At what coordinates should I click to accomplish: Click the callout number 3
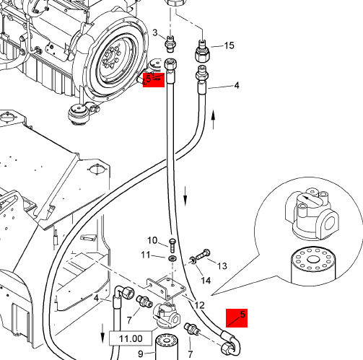(155, 32)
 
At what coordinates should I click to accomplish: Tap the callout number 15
(229, 45)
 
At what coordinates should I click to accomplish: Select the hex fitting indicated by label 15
(202, 52)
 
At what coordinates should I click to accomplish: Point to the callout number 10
(152, 240)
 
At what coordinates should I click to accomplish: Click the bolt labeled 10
(172, 245)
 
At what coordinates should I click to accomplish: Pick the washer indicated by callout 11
(172, 259)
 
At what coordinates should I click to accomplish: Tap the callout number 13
(222, 265)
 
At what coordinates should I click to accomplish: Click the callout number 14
(206, 280)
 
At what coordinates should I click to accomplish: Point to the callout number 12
(199, 305)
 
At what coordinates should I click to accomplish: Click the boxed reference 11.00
(131, 338)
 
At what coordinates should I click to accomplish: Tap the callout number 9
(141, 354)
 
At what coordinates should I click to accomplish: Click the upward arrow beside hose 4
(213, 120)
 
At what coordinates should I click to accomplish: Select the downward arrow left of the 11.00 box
(102, 333)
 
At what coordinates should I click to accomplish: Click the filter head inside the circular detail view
(312, 215)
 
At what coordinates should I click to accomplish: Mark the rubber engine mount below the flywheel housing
(77, 114)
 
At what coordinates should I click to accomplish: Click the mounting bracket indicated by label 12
(167, 287)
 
